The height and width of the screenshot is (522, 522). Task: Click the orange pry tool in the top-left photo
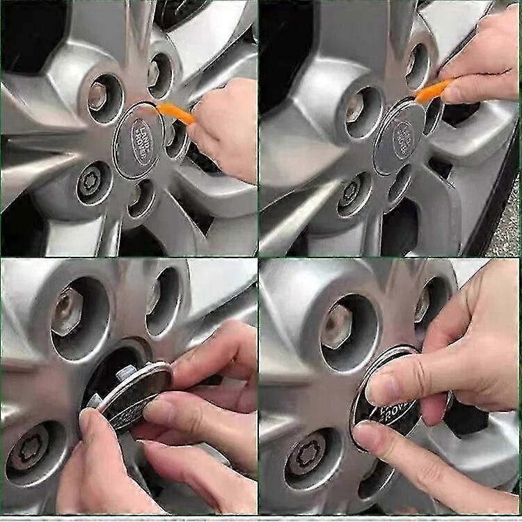pyautogui.click(x=176, y=113)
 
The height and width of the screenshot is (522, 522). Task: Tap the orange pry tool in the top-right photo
pyautogui.click(x=433, y=91)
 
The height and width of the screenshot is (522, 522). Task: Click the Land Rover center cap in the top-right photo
pyautogui.click(x=400, y=136)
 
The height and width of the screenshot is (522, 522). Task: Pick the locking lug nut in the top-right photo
pyautogui.click(x=352, y=191)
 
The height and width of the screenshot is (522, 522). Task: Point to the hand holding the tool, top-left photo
pyautogui.click(x=226, y=129)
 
